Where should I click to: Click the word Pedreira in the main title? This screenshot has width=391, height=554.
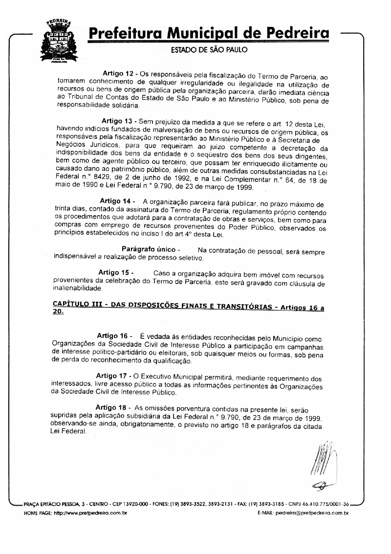click(x=296, y=35)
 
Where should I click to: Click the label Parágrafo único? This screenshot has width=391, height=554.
click(x=147, y=249)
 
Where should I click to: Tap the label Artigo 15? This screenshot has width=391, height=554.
click(x=115, y=272)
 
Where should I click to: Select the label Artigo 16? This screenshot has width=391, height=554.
click(x=113, y=336)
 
